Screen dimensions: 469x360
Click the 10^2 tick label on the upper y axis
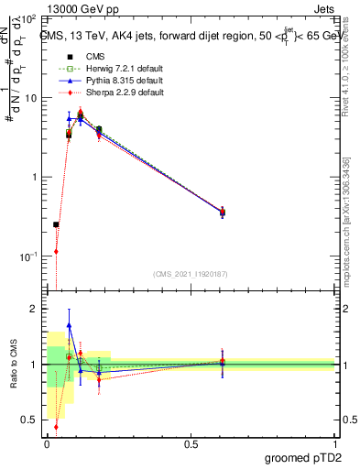(x=28, y=19)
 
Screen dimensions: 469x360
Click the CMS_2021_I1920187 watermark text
(x=191, y=273)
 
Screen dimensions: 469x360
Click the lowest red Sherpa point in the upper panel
(x=57, y=251)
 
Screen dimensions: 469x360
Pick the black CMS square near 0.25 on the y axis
(x=57, y=224)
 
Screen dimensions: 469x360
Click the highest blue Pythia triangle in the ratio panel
(x=69, y=325)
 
